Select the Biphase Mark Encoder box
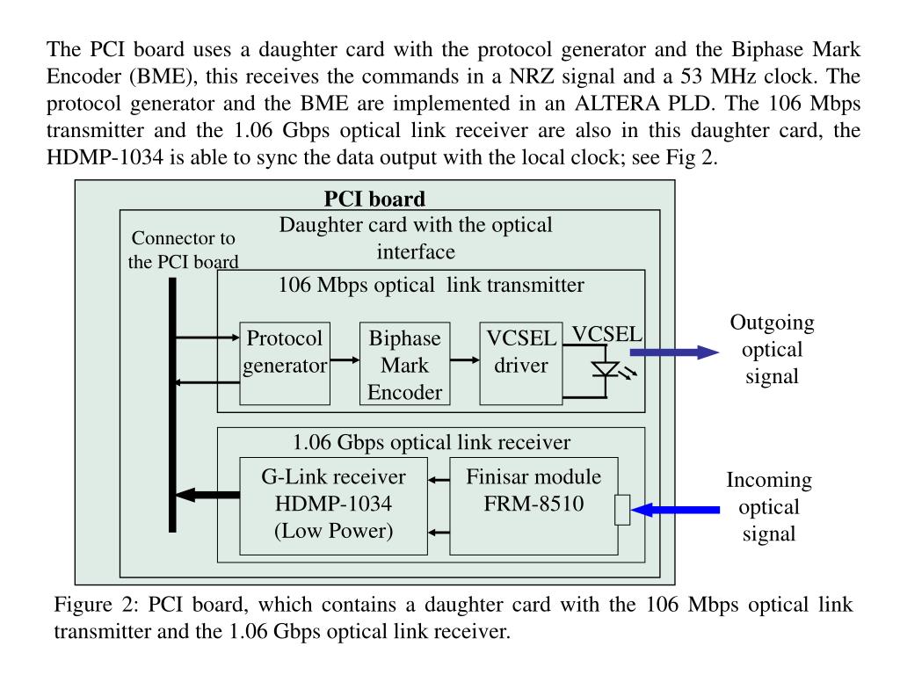404,364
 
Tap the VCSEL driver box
521,364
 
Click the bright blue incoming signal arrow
675,510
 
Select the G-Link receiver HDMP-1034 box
333,505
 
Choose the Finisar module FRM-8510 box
533,505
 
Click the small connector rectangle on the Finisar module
622,510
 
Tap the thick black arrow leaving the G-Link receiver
207,496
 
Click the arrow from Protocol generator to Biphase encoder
344,360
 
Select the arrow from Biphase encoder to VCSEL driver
464,360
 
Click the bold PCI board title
374,200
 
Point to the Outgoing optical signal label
772,349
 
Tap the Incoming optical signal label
769,507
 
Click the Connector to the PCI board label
183,250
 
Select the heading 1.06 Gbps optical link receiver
432,442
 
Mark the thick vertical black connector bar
172,404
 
